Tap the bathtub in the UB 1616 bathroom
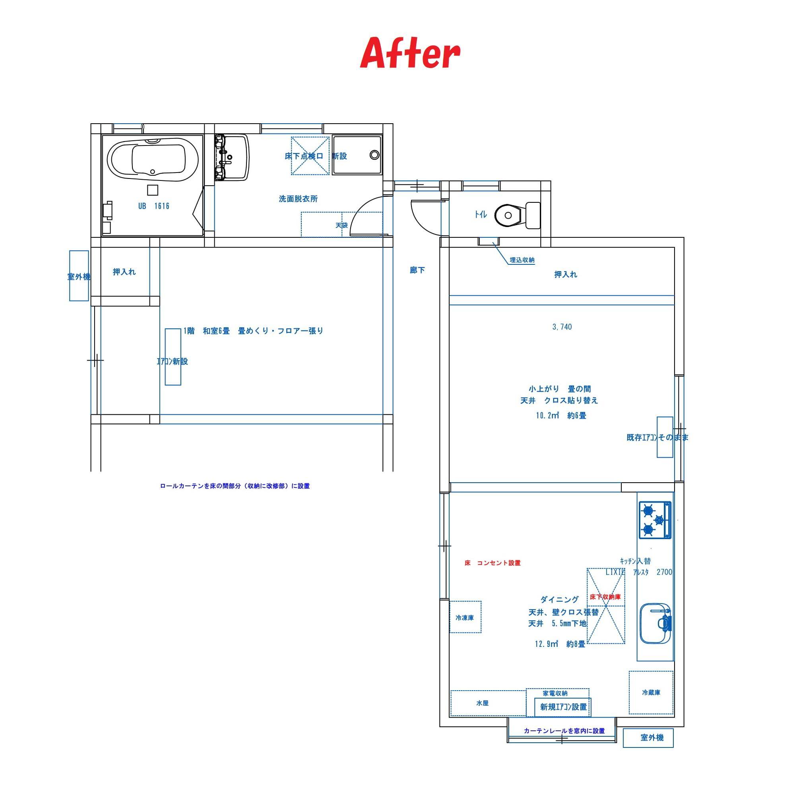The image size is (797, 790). point(153,160)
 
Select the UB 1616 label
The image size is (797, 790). point(153,206)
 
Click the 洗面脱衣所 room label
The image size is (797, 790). point(298,199)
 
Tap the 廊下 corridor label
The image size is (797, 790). point(417,270)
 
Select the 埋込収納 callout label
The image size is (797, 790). point(522,260)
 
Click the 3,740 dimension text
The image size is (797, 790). point(562,327)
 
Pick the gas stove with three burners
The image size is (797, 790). point(655,519)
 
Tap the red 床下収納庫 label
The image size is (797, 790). point(605,597)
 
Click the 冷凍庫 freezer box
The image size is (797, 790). point(465,617)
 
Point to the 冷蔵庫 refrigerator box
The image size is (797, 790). point(651,693)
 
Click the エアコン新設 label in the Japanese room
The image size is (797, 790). point(173,361)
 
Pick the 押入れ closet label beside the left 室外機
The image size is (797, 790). point(124,272)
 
